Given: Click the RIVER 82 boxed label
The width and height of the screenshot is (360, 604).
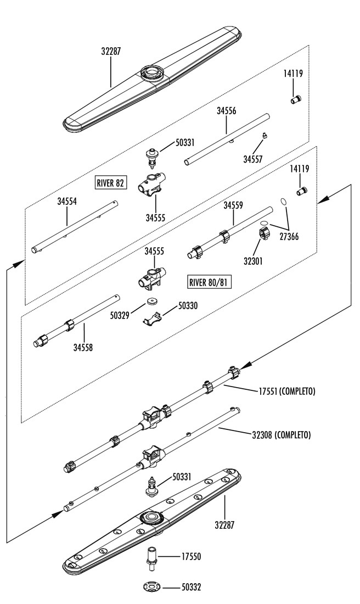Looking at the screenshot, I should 110,183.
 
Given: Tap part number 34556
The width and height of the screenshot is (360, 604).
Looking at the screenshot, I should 226,111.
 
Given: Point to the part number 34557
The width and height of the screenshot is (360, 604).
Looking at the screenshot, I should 253,159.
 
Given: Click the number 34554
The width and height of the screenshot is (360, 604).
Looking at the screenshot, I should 67,202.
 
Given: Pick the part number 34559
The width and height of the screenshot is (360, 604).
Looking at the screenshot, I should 233,206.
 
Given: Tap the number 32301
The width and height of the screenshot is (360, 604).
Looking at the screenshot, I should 252,261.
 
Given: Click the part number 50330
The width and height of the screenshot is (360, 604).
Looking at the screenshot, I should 188,306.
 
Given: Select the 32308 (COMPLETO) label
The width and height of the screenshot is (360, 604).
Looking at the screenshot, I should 282,435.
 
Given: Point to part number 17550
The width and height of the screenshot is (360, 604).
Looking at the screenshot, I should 191,557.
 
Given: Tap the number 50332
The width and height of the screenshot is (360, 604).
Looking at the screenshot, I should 191,588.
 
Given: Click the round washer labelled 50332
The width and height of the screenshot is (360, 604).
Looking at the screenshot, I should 153,588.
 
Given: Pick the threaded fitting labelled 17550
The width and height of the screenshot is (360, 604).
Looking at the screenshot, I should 152,557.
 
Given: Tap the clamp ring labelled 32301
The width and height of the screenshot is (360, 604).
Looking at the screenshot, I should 265,234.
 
